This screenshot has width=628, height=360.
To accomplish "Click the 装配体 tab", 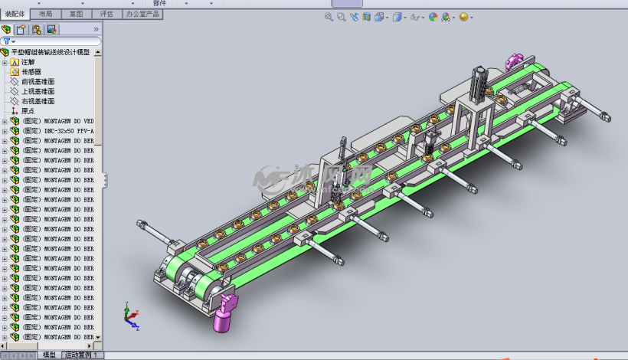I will tap(15, 14).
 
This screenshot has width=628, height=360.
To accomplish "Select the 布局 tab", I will tap(45, 14).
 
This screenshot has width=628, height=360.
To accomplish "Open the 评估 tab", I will tap(106, 14).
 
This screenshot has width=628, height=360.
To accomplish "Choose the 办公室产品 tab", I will tap(142, 14).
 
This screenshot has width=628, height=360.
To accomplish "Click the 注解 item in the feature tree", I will tap(28, 62).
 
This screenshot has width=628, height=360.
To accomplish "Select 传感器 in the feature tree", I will tap(31, 72).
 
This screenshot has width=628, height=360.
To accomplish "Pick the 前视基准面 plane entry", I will tap(38, 81).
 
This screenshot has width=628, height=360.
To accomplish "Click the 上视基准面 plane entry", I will tap(38, 91).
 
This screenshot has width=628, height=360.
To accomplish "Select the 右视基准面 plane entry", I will tap(38, 101).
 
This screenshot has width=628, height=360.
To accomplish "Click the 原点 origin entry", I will tap(28, 111).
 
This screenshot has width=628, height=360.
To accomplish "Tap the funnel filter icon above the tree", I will tap(7, 41).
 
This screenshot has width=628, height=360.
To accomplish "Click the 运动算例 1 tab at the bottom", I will tap(82, 355).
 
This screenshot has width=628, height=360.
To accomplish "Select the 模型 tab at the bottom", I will tap(49, 355).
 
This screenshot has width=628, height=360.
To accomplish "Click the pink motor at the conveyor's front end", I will tap(224, 314).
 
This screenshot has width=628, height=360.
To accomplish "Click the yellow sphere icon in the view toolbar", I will tap(463, 17).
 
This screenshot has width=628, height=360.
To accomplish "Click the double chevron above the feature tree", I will tap(96, 29).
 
